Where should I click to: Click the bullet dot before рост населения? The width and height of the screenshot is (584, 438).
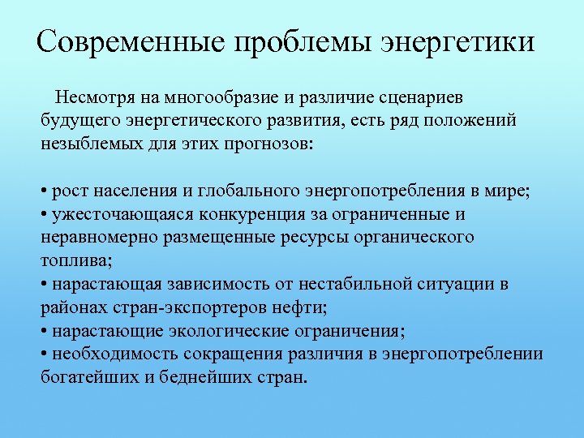(44, 192)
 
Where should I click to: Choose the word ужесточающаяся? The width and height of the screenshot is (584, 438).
(109, 215)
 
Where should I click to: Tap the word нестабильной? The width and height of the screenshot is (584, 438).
(358, 285)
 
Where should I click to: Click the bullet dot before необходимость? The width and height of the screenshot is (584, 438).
(44, 355)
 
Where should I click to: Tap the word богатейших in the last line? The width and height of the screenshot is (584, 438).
(85, 378)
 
